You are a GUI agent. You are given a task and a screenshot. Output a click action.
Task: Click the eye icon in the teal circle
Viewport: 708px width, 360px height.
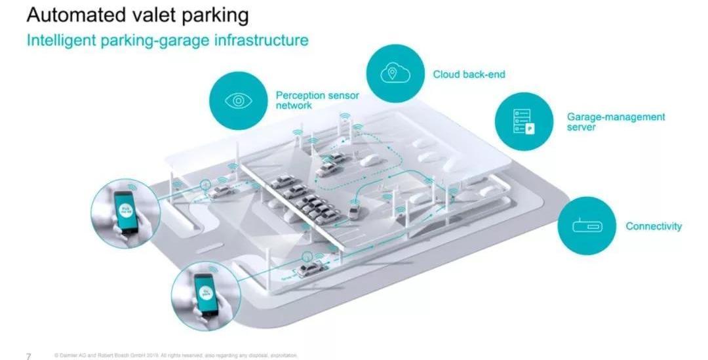click(x=239, y=101)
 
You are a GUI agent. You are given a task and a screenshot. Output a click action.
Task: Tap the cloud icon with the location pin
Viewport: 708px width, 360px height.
click(x=395, y=73)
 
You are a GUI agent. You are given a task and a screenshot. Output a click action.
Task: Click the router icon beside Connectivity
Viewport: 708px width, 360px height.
click(x=587, y=226)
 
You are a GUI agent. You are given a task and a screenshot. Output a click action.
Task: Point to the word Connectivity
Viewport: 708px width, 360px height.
click(x=653, y=226)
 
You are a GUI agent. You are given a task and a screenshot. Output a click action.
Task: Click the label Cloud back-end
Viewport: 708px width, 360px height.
click(x=469, y=74)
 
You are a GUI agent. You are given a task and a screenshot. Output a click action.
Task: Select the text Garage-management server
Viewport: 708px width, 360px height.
click(x=615, y=121)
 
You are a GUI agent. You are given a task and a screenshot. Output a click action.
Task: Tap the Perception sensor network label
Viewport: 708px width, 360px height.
click(x=317, y=100)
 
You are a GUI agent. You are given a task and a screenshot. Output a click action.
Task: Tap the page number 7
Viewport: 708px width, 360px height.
click(x=28, y=356)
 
